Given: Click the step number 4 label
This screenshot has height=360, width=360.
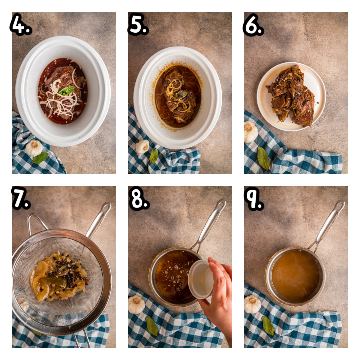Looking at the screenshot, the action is [x=21, y=24].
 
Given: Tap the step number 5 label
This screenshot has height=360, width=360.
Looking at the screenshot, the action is [x=138, y=24].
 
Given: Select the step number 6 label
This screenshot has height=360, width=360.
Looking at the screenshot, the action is [x=253, y=25].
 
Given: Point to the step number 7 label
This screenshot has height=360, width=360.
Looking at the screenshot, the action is [x=21, y=198].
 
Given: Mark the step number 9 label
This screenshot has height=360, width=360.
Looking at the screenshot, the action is [x=254, y=198].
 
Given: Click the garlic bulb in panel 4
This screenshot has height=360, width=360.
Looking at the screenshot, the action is [x=34, y=148].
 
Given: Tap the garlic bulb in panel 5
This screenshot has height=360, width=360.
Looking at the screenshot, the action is [x=142, y=146].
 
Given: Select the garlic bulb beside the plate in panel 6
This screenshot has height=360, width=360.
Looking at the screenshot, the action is [x=250, y=131].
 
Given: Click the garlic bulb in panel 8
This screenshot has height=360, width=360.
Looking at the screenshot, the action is [x=136, y=304].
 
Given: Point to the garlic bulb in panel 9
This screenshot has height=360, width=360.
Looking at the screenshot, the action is [x=252, y=304].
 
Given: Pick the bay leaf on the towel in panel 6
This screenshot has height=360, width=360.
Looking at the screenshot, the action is [x=264, y=158].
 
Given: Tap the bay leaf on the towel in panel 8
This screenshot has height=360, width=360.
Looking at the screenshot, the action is [x=152, y=326].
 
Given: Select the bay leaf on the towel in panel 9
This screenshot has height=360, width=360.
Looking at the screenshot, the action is [x=268, y=325].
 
